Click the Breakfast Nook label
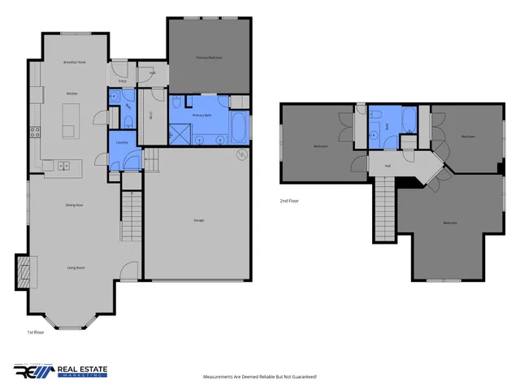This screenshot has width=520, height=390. point(75,62)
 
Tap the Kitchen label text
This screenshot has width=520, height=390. point(71,94)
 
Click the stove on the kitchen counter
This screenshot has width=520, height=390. point(35,131)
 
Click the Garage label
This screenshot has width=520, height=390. point(198,220)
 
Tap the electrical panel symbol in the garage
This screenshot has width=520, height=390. point(240,154)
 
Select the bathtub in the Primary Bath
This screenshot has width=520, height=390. point(240,128)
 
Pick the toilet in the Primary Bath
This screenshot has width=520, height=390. point(176,104)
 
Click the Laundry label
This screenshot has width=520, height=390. point(123,142)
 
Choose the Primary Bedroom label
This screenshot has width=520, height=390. point(209,58)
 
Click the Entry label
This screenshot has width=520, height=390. point(123,81)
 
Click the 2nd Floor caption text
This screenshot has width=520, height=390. point(288,200)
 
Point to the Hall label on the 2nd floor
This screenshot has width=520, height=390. point(388,165)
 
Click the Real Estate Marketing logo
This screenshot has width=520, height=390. point(60,371)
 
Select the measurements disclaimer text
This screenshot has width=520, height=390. point(259,377)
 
